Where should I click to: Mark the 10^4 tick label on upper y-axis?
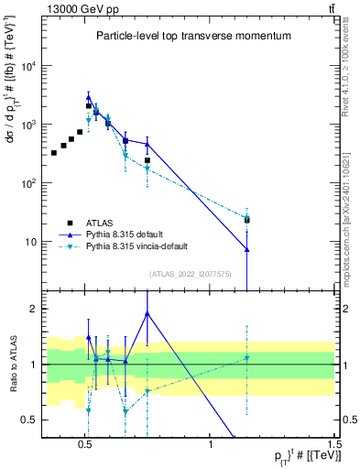click(28, 66)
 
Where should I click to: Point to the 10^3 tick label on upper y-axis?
click(28, 125)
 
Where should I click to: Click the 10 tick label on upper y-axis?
click(30, 242)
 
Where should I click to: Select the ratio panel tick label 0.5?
click(31, 420)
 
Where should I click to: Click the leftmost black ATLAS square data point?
click(54, 152)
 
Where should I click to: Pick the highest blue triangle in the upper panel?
click(89, 96)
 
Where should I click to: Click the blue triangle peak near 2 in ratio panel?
click(147, 313)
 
